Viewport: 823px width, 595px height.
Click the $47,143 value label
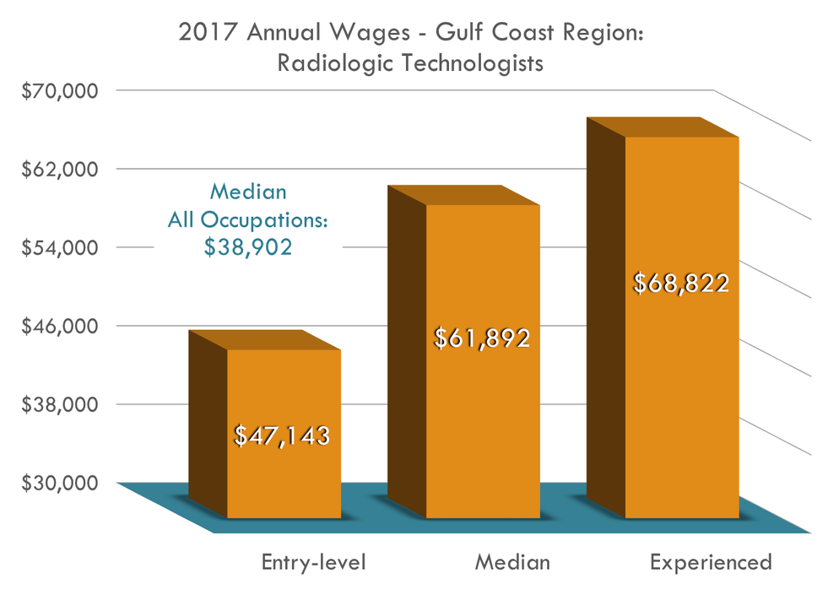(281, 435)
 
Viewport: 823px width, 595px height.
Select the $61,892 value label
(481, 338)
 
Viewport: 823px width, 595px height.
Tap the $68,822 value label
(680, 283)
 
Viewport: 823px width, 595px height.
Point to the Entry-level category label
(313, 562)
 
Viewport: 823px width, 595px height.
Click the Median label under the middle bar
(512, 562)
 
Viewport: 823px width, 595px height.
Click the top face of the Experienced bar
(663, 127)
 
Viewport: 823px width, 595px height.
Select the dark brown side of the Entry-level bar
(208, 422)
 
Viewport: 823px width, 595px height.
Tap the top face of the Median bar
(463, 195)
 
